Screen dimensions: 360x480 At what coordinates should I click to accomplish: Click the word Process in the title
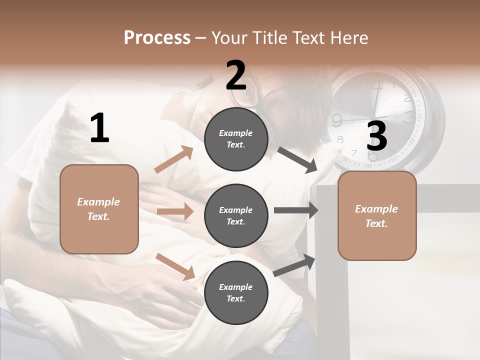click(x=157, y=37)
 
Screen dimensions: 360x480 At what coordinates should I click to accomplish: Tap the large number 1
click(x=99, y=128)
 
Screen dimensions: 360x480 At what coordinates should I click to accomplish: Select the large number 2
click(x=236, y=75)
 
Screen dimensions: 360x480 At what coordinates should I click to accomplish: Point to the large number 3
click(x=376, y=136)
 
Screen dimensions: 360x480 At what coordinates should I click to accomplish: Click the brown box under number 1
click(x=99, y=209)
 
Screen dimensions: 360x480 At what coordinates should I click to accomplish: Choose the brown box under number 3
click(x=377, y=215)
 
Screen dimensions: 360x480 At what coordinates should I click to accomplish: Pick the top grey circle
click(x=236, y=139)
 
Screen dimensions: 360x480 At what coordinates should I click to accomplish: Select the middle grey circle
click(x=236, y=215)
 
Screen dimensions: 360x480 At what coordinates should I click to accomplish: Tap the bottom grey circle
click(x=236, y=292)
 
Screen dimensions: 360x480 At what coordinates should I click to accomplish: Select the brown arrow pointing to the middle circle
click(x=175, y=211)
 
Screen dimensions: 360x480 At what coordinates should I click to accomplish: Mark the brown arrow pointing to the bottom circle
click(x=175, y=266)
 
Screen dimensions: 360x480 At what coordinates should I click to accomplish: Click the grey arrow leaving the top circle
click(x=298, y=160)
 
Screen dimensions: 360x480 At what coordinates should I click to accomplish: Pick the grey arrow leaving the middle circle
click(x=296, y=210)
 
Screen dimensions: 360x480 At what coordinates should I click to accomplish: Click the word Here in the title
click(x=349, y=37)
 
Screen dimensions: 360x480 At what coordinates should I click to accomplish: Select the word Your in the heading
click(x=229, y=37)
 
